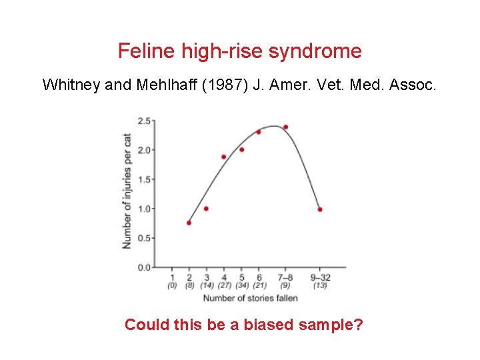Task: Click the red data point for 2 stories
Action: tap(189, 223)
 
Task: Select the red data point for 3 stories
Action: tap(206, 209)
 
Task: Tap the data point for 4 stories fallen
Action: tap(223, 157)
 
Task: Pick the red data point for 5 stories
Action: tap(241, 149)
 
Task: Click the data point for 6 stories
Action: tap(259, 132)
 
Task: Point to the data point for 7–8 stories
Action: tap(285, 127)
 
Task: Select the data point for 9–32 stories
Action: tap(320, 209)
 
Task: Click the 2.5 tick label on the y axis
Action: tap(143, 121)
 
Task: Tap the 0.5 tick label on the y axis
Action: tap(143, 238)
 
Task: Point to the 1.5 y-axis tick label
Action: tap(143, 179)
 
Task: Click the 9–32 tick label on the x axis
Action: tap(320, 277)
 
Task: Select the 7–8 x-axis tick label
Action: tap(285, 277)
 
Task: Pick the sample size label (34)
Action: tap(241, 285)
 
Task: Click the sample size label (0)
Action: tap(172, 285)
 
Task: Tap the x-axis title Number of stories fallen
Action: tap(250, 297)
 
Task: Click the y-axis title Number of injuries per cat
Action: tap(127, 191)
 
